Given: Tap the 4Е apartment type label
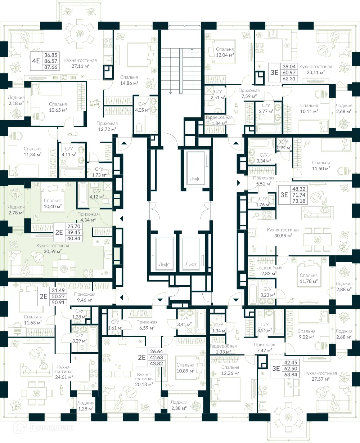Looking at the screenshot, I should click(x=36, y=61).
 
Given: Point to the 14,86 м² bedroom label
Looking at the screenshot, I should click(x=129, y=80).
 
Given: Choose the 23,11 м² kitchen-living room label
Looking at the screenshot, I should click(x=312, y=70).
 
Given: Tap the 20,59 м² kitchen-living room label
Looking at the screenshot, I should click(x=53, y=248).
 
